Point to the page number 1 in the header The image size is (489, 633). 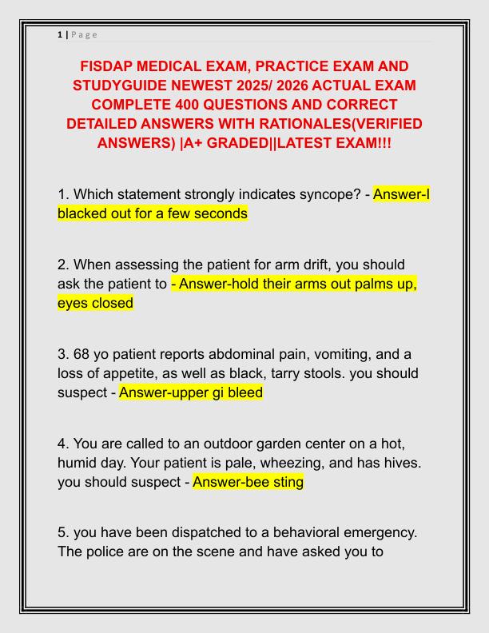coord(60,34)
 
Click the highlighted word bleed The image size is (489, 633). coord(244,392)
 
